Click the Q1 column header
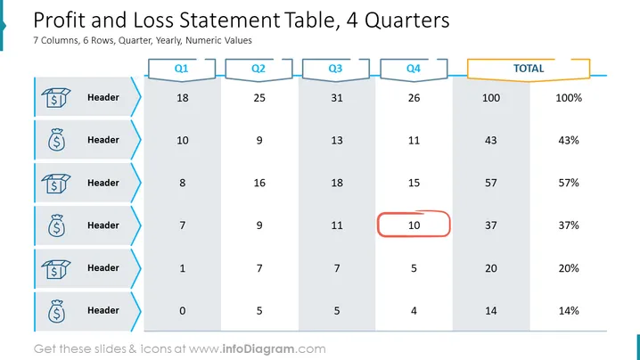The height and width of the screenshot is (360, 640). point(182,69)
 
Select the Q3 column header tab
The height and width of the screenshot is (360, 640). point(335,69)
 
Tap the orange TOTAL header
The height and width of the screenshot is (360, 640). point(529,69)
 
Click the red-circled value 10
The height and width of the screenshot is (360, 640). point(414,225)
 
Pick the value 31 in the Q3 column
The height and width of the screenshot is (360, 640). point(337,98)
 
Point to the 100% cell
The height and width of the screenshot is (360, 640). point(569,98)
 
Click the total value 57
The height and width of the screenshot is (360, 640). point(491,183)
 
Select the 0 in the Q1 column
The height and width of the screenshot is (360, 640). point(183,311)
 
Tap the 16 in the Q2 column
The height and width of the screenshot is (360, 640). point(259,183)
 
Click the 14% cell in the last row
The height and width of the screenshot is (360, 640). point(569,311)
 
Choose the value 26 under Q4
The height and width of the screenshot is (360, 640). point(414,98)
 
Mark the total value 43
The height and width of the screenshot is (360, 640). point(491,141)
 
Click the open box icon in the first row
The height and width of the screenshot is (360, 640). point(56,97)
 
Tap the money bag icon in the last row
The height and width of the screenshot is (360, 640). point(56,311)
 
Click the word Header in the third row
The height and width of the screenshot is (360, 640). point(103,183)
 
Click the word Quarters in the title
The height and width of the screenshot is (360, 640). point(407,20)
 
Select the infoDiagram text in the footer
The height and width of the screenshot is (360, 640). point(258,349)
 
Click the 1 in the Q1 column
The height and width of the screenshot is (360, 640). point(183,268)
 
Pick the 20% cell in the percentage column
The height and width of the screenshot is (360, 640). point(569,268)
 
